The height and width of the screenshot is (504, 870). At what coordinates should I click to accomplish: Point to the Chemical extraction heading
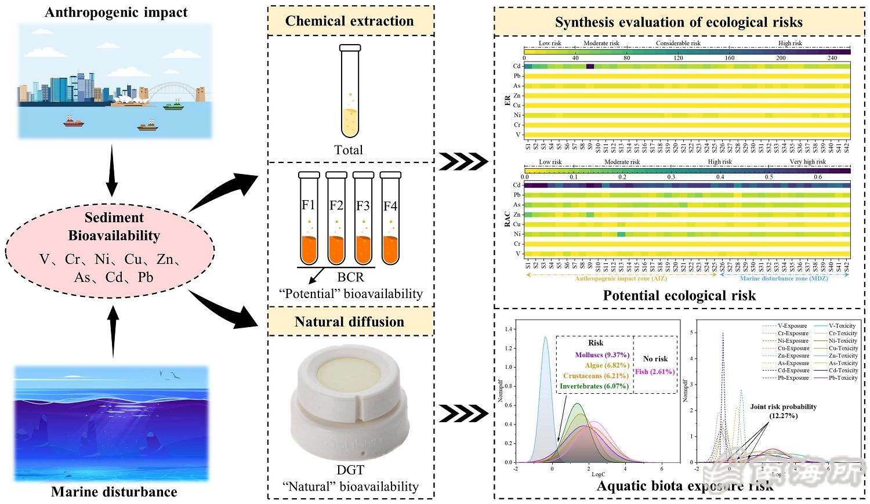point(350,21)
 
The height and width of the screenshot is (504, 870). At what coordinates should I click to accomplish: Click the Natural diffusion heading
point(350,322)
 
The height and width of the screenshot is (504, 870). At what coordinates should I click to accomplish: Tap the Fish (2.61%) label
point(655,371)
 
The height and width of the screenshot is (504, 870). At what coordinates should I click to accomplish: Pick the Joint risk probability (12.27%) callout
point(783,411)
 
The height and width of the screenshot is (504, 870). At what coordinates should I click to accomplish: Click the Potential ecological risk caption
point(679,296)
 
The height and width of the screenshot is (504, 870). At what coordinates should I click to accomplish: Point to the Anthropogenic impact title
point(116,12)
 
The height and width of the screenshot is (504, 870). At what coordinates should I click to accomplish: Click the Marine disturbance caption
point(114,492)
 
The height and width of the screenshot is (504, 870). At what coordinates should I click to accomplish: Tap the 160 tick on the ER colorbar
point(730,58)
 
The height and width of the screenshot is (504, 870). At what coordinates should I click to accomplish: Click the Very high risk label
point(807,162)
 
